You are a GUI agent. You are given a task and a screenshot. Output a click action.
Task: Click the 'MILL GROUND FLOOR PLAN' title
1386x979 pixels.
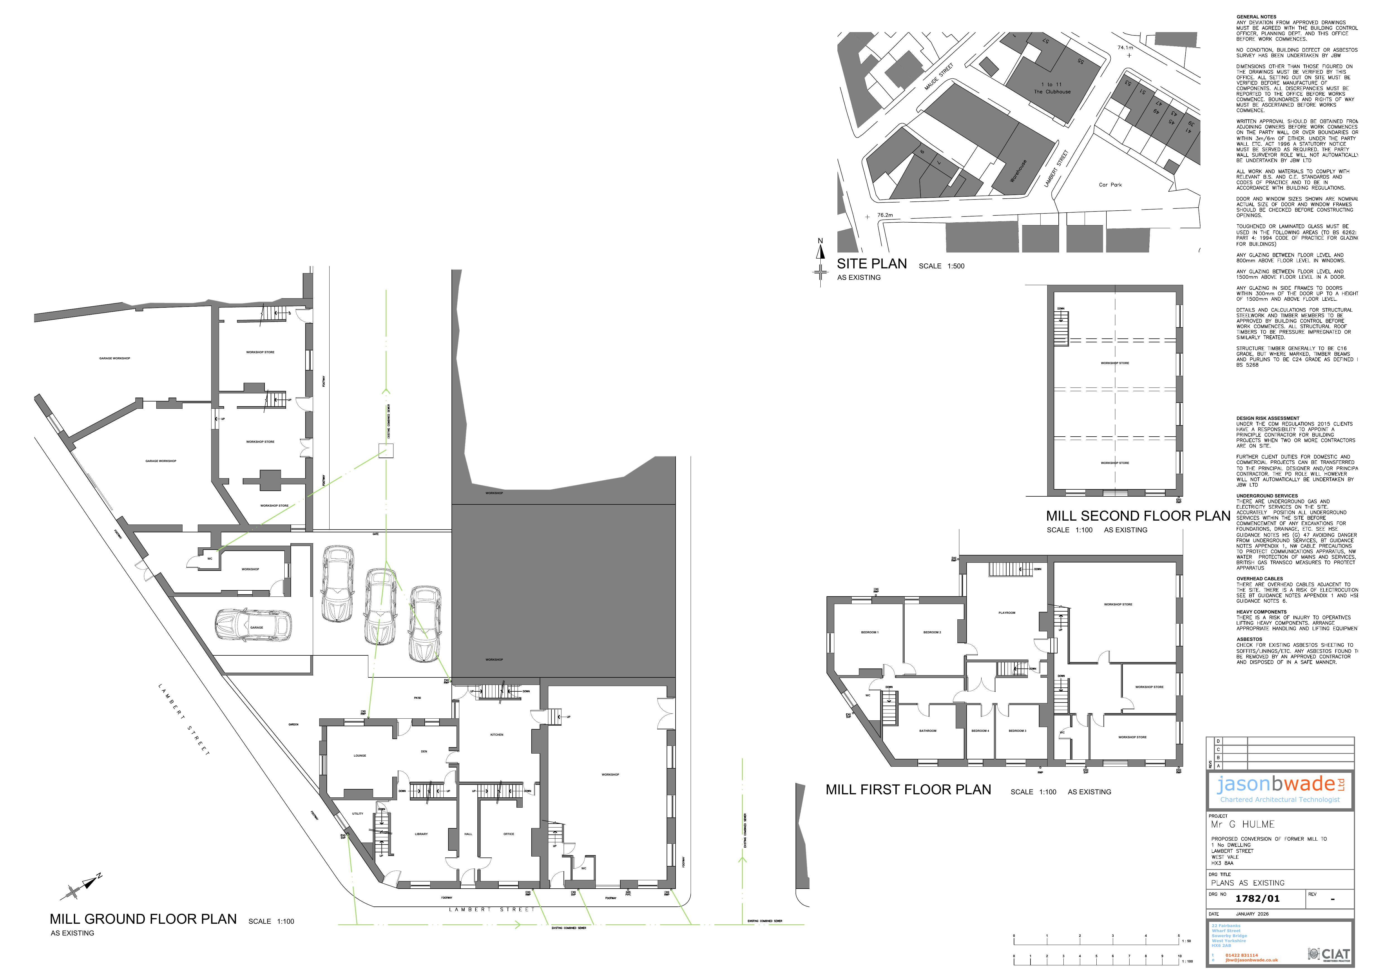(143, 919)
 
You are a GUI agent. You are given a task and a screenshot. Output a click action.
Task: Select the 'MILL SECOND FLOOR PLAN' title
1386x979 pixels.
(1138, 516)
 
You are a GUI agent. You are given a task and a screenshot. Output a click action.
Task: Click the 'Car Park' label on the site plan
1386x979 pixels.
(1110, 185)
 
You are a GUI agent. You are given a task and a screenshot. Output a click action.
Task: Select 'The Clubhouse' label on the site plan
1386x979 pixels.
(1052, 92)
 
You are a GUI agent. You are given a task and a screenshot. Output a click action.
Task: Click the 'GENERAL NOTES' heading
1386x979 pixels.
(1256, 17)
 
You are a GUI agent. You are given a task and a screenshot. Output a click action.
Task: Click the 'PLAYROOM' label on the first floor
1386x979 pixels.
(1007, 613)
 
